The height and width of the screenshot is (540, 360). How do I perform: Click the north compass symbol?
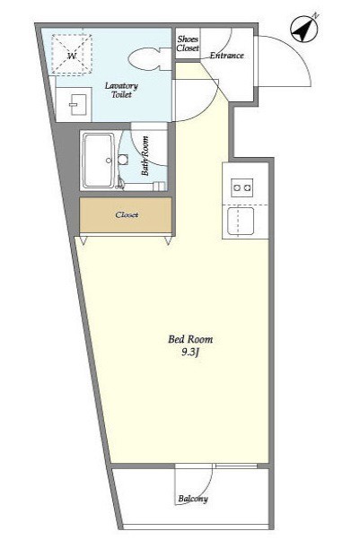pos(304,29)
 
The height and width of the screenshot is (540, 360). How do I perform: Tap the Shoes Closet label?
pos(188,44)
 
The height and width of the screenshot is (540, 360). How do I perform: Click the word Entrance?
pos(227,55)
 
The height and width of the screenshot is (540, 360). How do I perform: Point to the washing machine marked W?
pos(72,55)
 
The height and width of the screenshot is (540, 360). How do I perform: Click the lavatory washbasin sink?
pos(74,104)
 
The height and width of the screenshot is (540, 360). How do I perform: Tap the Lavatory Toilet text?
pos(121,90)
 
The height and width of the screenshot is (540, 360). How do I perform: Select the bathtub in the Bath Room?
pos(99,161)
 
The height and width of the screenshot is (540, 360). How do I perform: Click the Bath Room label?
pos(145,156)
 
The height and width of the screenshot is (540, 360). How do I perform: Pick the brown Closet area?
pos(126,215)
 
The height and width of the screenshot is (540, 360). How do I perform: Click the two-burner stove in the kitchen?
pos(242,187)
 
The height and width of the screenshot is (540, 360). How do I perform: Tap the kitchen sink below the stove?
pos(241,222)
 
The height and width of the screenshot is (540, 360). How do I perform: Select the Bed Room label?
pos(190,339)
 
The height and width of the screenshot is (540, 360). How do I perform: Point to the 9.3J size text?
pos(190,353)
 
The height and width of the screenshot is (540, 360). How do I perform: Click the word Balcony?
pos(193,499)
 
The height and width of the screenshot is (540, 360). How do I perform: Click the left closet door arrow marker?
pos(83,240)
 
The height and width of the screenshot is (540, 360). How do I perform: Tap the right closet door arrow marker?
pos(168,240)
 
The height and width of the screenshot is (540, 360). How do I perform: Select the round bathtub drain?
pos(109,161)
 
